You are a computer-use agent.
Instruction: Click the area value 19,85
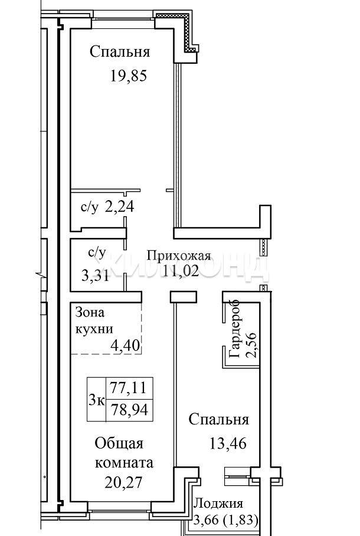[x=128, y=76]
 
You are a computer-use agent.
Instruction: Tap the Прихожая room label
[x=179, y=256]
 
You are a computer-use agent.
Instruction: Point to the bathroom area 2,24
[x=120, y=206]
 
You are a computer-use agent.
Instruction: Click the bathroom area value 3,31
[x=96, y=275]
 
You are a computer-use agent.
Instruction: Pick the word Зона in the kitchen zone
[x=90, y=312]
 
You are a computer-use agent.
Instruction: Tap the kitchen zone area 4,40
[x=125, y=345]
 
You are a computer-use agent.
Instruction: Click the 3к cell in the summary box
[x=97, y=399]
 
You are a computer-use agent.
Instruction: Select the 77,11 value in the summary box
[x=128, y=388]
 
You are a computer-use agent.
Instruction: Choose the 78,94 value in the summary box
[x=129, y=409]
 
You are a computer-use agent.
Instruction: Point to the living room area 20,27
[x=123, y=483]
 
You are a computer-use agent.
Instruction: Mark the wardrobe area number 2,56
[x=253, y=344]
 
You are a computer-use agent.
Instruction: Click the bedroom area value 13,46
[x=228, y=443]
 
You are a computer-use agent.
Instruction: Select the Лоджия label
[x=219, y=504]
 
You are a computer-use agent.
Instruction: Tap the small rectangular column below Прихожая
[x=184, y=297]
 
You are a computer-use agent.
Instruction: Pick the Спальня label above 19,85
[x=120, y=52]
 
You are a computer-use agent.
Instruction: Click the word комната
[x=124, y=463]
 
